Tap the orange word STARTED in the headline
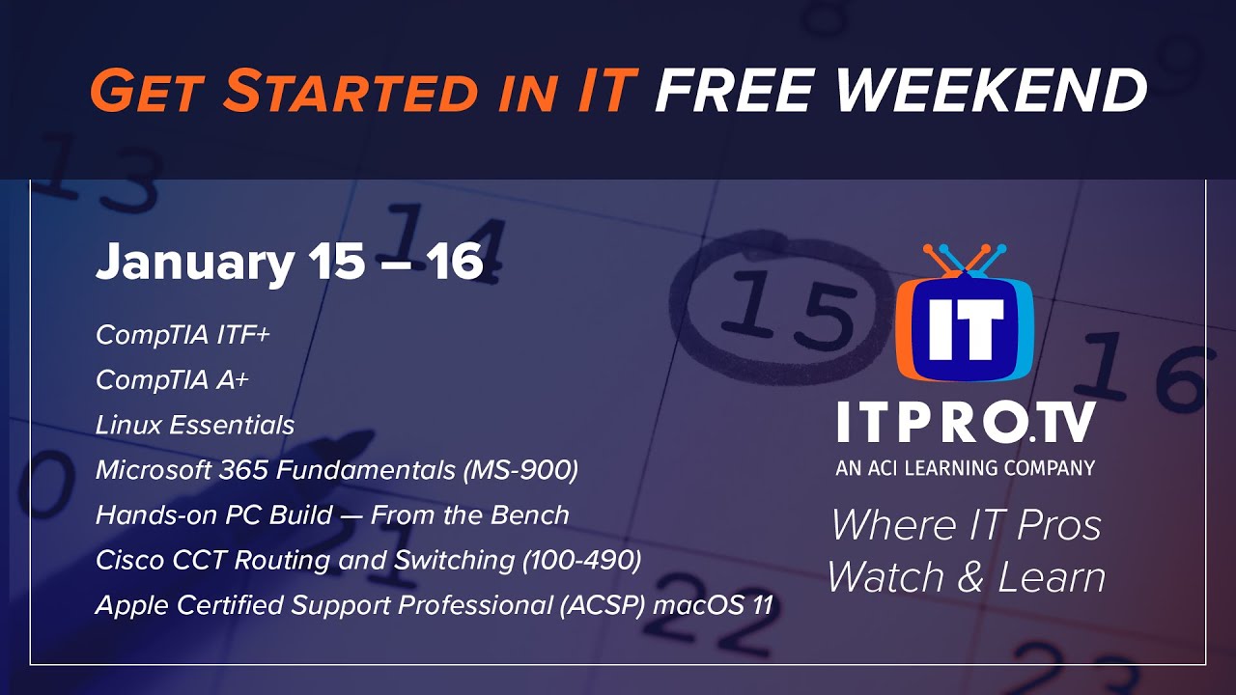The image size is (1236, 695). pos(351,91)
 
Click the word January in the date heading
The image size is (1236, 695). pos(194,263)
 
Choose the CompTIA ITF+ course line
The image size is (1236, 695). pos(183,335)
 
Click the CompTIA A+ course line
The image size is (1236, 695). pos(172,380)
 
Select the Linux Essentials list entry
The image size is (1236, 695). pos(195,425)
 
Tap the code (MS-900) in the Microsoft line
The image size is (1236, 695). pos(520,470)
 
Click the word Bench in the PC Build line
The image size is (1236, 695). pos(531,514)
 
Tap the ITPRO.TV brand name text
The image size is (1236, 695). pos(965,425)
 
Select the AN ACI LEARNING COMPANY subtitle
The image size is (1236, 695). pos(965,468)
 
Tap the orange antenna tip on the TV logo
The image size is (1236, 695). pos(928,249)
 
